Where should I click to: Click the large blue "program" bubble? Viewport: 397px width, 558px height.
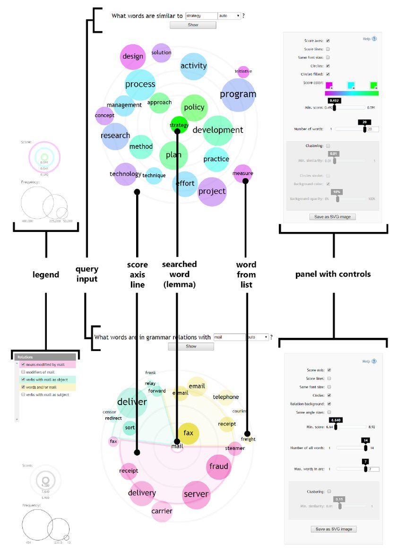(238, 94)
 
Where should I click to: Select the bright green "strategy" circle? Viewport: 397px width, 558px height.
(179, 124)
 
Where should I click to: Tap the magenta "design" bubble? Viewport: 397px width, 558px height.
(132, 56)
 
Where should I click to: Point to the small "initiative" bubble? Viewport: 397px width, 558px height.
(243, 72)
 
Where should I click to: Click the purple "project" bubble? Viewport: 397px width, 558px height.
(212, 191)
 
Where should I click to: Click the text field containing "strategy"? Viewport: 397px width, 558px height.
(201, 16)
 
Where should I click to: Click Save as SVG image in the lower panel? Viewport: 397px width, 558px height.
(333, 529)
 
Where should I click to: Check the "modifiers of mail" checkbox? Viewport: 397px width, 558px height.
(23, 373)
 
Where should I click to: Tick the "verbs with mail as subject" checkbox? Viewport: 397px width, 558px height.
(23, 394)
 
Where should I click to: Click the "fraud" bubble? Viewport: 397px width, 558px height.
(218, 466)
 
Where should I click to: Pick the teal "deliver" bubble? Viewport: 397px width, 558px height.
(132, 402)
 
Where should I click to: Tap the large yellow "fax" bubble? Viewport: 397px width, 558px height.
(188, 433)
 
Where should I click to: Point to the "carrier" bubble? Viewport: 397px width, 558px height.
(162, 511)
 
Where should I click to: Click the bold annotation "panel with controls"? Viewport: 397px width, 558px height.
(333, 274)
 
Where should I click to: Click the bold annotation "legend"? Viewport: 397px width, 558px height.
(46, 275)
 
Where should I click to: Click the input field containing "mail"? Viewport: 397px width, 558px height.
(229, 337)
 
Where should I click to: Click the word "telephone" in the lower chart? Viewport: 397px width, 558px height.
(225, 397)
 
